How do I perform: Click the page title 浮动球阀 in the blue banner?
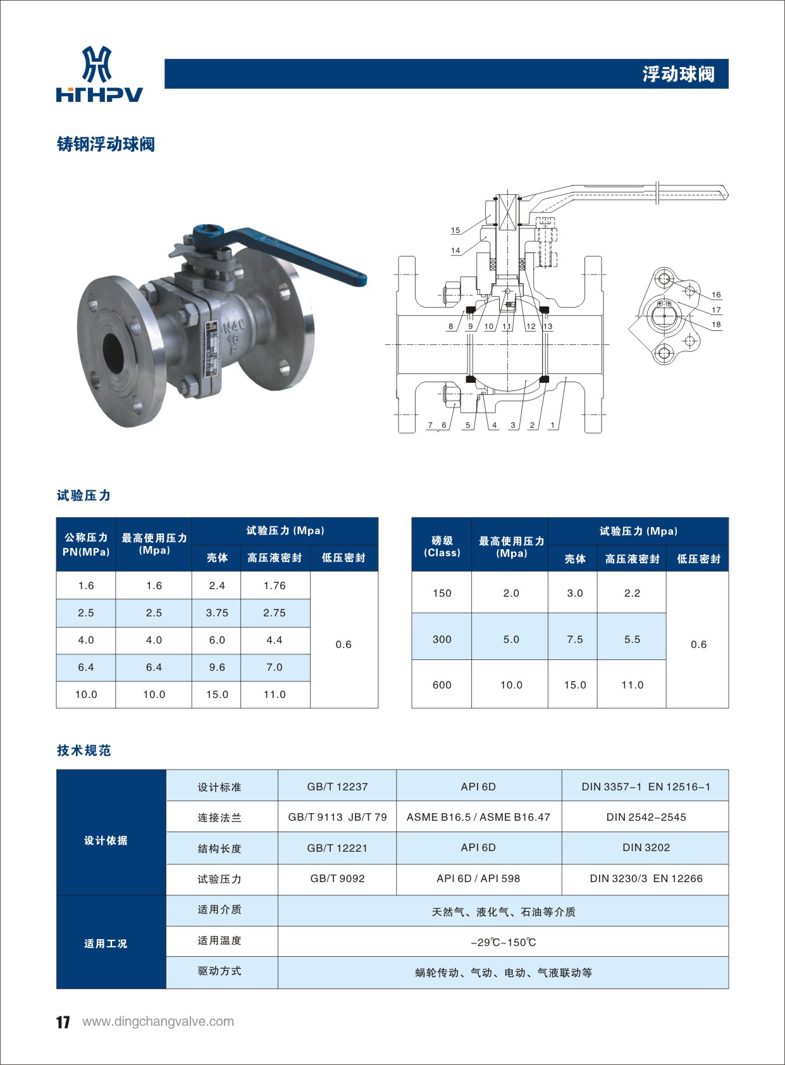tap(678, 74)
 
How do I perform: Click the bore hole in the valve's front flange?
tap(113, 352)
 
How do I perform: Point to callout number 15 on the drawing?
tap(455, 230)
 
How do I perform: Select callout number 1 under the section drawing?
tap(552, 425)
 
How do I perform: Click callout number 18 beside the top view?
tap(716, 325)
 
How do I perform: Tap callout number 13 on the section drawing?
tap(548, 327)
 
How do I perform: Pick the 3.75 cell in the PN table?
tap(217, 613)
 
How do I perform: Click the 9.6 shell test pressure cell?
tap(217, 668)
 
